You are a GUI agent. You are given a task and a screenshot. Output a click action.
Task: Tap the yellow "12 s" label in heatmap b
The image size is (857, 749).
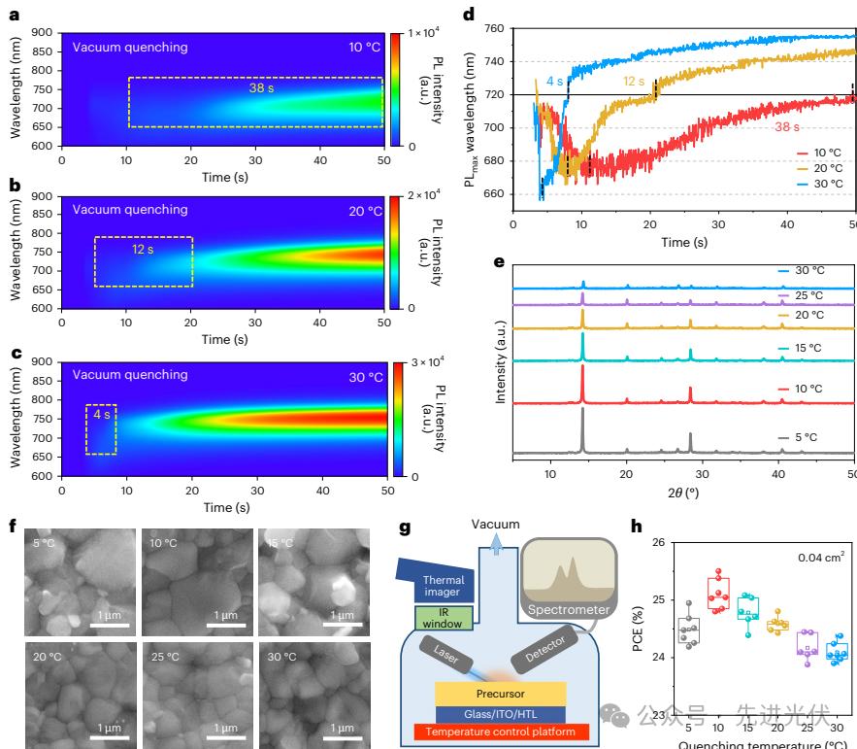pyautogui.click(x=143, y=249)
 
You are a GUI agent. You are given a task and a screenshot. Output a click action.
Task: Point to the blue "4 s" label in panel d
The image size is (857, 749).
pyautogui.click(x=555, y=82)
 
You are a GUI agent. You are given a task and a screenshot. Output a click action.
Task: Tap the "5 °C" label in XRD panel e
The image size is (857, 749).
pyautogui.click(x=804, y=437)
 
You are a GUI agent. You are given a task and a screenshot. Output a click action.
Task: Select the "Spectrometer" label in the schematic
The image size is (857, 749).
pyautogui.click(x=571, y=610)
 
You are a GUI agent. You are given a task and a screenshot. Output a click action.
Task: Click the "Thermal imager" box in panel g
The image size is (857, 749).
pyautogui.click(x=444, y=586)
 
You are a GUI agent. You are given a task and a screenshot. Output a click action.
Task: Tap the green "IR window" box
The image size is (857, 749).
pyautogui.click(x=444, y=618)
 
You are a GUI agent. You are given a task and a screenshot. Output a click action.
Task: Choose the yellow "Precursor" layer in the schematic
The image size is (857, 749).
pyautogui.click(x=500, y=694)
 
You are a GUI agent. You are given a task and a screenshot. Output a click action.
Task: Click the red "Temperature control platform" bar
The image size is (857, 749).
pyautogui.click(x=500, y=732)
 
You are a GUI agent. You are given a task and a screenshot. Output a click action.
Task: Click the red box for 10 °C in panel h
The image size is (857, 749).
pyautogui.click(x=719, y=594)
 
